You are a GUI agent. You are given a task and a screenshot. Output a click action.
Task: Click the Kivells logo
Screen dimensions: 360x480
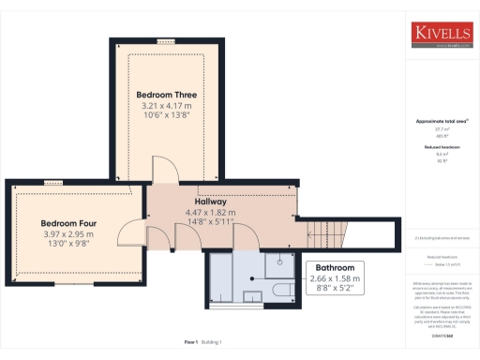coord(442,33)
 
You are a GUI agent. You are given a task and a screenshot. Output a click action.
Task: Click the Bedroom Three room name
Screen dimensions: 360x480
coord(166,96)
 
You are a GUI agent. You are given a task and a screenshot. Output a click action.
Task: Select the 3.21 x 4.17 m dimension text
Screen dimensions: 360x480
coord(166,107)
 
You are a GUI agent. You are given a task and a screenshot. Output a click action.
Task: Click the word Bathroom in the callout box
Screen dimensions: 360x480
coord(335,267)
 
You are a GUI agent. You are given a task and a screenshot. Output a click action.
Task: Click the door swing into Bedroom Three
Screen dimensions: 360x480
coord(163,171)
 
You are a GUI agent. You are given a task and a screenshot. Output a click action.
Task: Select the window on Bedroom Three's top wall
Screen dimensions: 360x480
coord(166,42)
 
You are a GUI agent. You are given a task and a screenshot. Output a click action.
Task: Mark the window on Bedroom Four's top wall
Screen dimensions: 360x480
coord(52,183)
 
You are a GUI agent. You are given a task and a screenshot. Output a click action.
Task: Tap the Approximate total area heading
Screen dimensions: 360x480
coord(442,122)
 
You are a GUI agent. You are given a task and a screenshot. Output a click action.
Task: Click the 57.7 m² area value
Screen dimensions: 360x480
coord(442,130)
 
